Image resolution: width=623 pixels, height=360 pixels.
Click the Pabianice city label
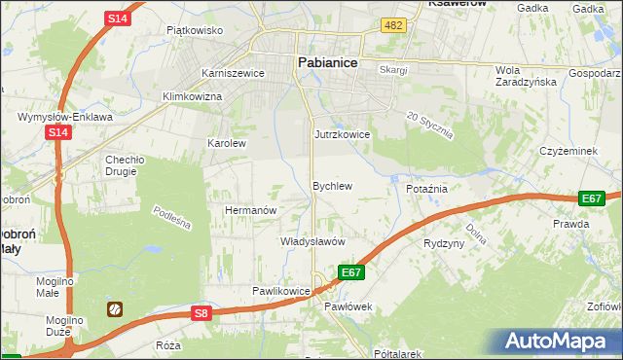[326, 61]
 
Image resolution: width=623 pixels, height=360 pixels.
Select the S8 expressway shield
[202, 312]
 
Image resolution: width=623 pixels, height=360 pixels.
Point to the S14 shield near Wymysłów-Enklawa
[56, 132]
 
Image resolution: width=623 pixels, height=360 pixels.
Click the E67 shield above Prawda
[591, 198]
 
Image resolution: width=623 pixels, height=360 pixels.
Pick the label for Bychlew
[331, 185]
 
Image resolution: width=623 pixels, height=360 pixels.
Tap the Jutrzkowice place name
[342, 134]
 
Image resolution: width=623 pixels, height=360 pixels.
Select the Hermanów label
[251, 210]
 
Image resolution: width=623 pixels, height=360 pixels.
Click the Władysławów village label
[313, 240]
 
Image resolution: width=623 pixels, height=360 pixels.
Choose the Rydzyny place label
[444, 243]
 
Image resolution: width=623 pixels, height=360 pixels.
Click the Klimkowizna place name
[193, 97]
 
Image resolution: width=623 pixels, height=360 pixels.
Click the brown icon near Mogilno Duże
[114, 309]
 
